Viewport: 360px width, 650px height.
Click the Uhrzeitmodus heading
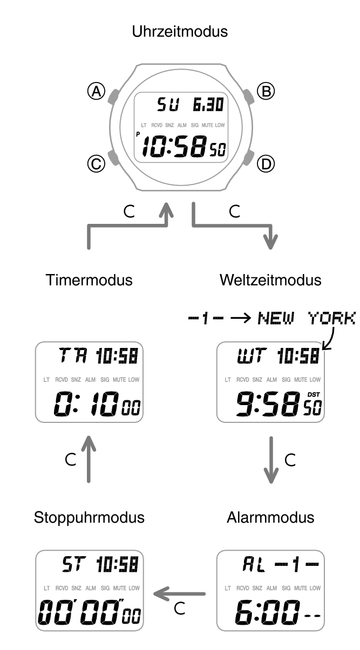180,32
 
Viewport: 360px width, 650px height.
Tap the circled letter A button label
96,91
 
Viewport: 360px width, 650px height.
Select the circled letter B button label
266,91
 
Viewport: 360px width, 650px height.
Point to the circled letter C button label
96,164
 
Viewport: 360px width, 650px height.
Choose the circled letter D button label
266,164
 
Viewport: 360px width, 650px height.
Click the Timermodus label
89,280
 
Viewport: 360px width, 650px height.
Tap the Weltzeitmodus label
270,280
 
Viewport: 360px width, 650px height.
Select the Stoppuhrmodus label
89,518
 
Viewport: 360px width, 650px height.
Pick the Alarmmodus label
270,518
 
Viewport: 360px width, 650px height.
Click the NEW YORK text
307,318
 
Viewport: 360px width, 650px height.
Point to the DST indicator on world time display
314,395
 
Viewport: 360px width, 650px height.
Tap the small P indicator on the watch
138,134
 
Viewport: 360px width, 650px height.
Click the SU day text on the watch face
168,105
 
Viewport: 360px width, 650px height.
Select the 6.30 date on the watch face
208,105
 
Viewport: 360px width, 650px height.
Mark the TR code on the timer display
73,356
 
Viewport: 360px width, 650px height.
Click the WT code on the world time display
252,356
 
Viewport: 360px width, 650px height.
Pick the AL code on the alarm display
254,565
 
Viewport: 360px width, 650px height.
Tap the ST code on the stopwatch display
74,565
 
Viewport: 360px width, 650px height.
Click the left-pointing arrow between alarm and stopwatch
179,594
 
